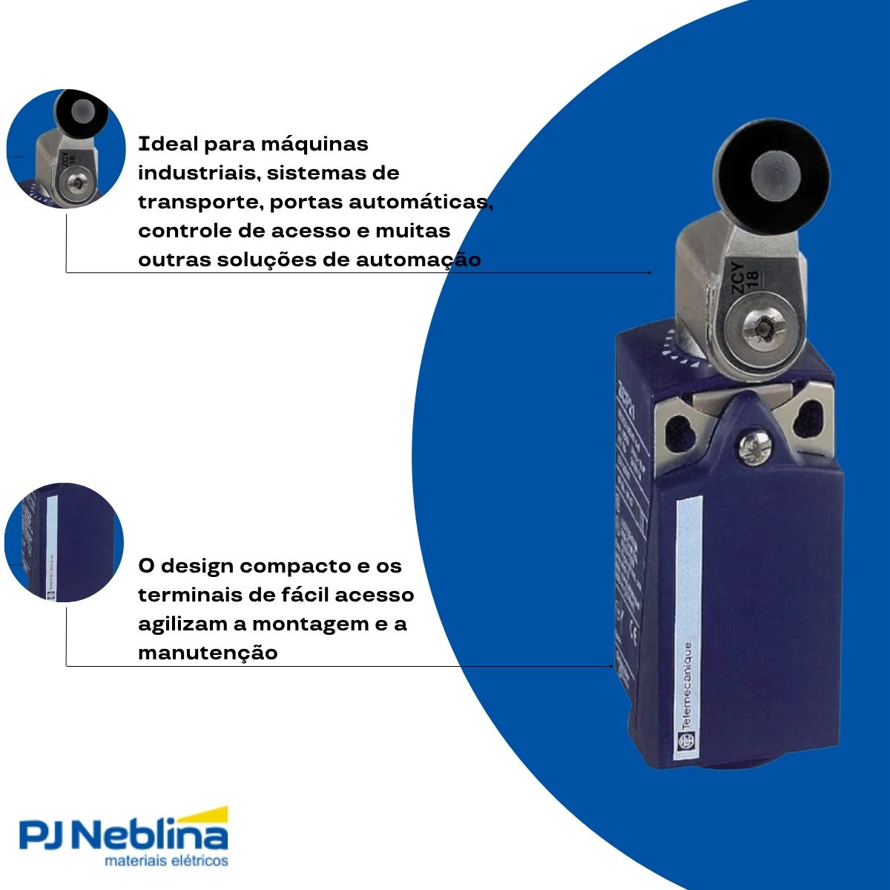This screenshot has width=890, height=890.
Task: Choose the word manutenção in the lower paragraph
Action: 208,653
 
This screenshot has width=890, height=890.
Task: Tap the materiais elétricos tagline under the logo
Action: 166,862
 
